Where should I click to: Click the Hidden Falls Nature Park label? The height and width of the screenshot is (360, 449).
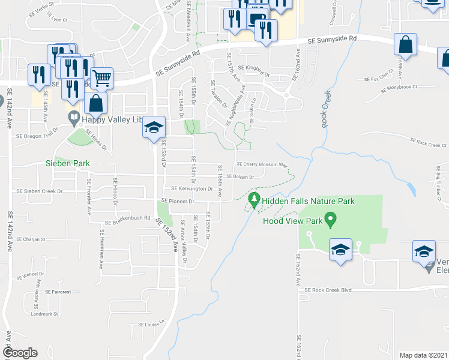[310, 202]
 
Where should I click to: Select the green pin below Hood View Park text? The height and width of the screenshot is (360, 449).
[330, 221]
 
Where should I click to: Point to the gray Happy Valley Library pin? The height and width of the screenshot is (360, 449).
[74, 119]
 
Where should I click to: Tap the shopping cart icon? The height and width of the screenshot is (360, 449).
[102, 77]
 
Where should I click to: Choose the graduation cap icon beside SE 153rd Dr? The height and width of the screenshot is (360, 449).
[154, 128]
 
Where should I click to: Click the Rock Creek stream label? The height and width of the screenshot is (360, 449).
[325, 109]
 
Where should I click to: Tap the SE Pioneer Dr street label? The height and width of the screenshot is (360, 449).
[176, 201]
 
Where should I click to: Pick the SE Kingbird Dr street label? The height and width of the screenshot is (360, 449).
[254, 68]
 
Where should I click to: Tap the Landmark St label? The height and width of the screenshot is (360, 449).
[44, 314]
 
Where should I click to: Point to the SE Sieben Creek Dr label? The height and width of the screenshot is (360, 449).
[40, 191]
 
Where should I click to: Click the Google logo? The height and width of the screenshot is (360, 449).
[20, 353]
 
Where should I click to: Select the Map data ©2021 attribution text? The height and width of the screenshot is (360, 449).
[424, 355]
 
